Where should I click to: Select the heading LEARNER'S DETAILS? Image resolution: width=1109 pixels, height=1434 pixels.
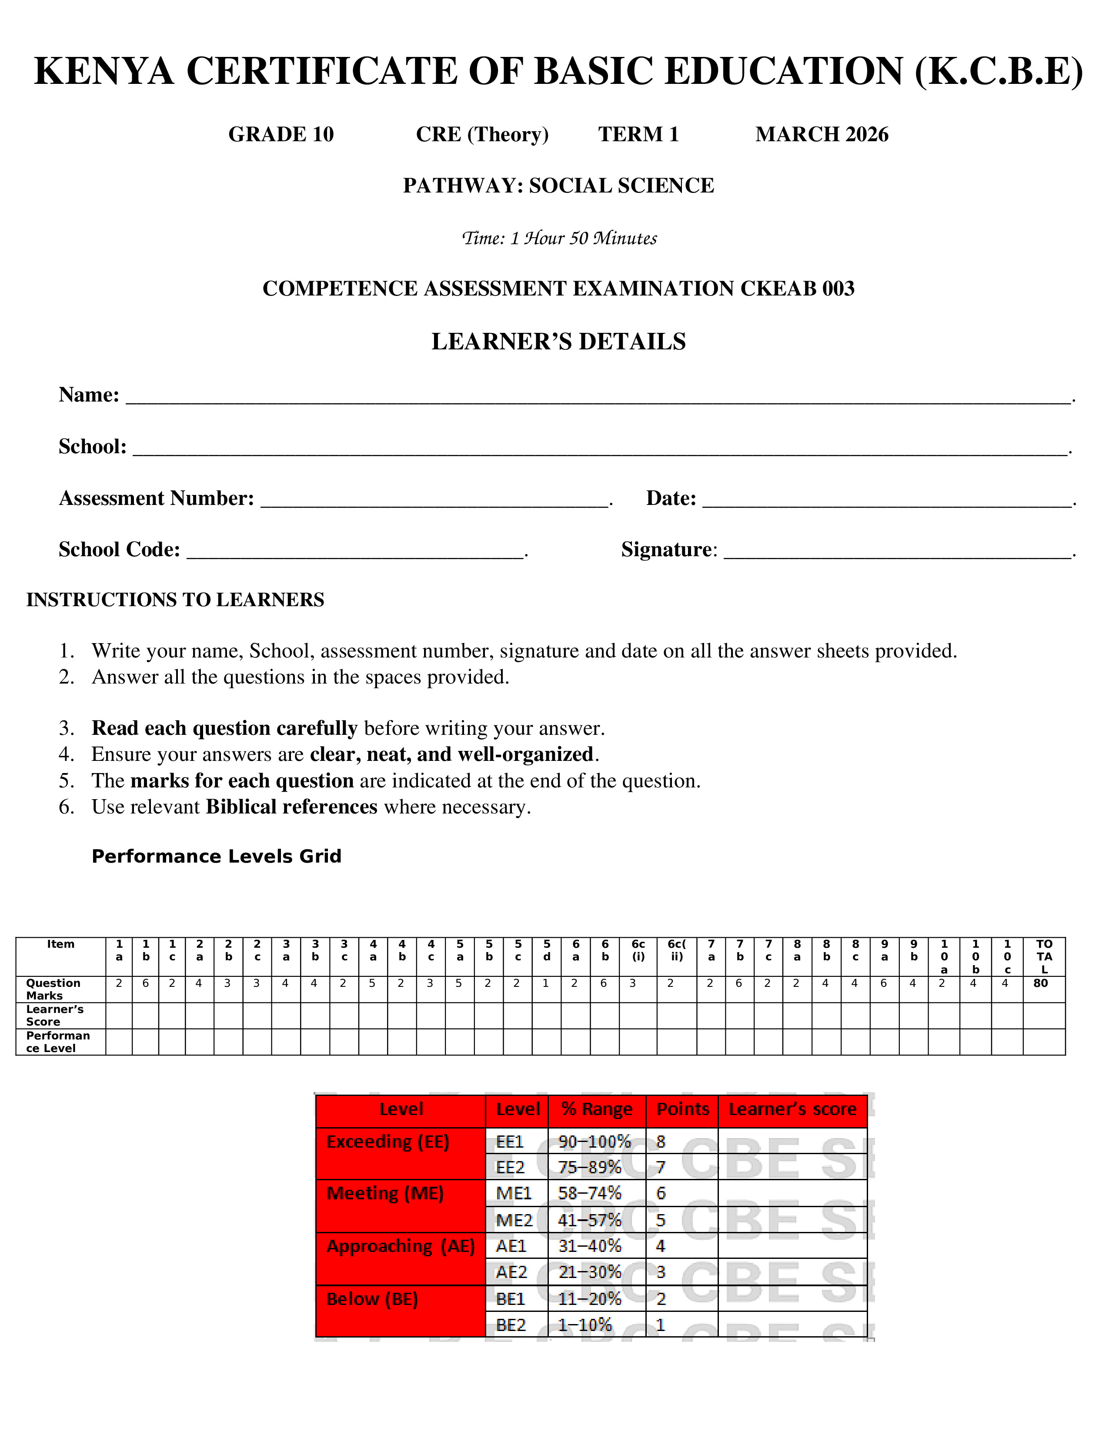(x=558, y=342)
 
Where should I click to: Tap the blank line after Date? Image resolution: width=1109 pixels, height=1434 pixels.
(x=887, y=500)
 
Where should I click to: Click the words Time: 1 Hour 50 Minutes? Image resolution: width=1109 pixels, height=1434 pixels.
(x=559, y=238)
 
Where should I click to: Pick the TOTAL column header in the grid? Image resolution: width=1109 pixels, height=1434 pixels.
(x=1044, y=956)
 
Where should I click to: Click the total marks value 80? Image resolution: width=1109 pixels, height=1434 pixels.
(x=1041, y=983)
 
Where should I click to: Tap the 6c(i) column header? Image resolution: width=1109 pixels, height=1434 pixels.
(x=638, y=950)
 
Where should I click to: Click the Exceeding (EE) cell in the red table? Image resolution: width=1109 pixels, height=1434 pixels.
(x=387, y=1142)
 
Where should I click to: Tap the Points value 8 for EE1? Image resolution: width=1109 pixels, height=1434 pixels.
(x=661, y=1142)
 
